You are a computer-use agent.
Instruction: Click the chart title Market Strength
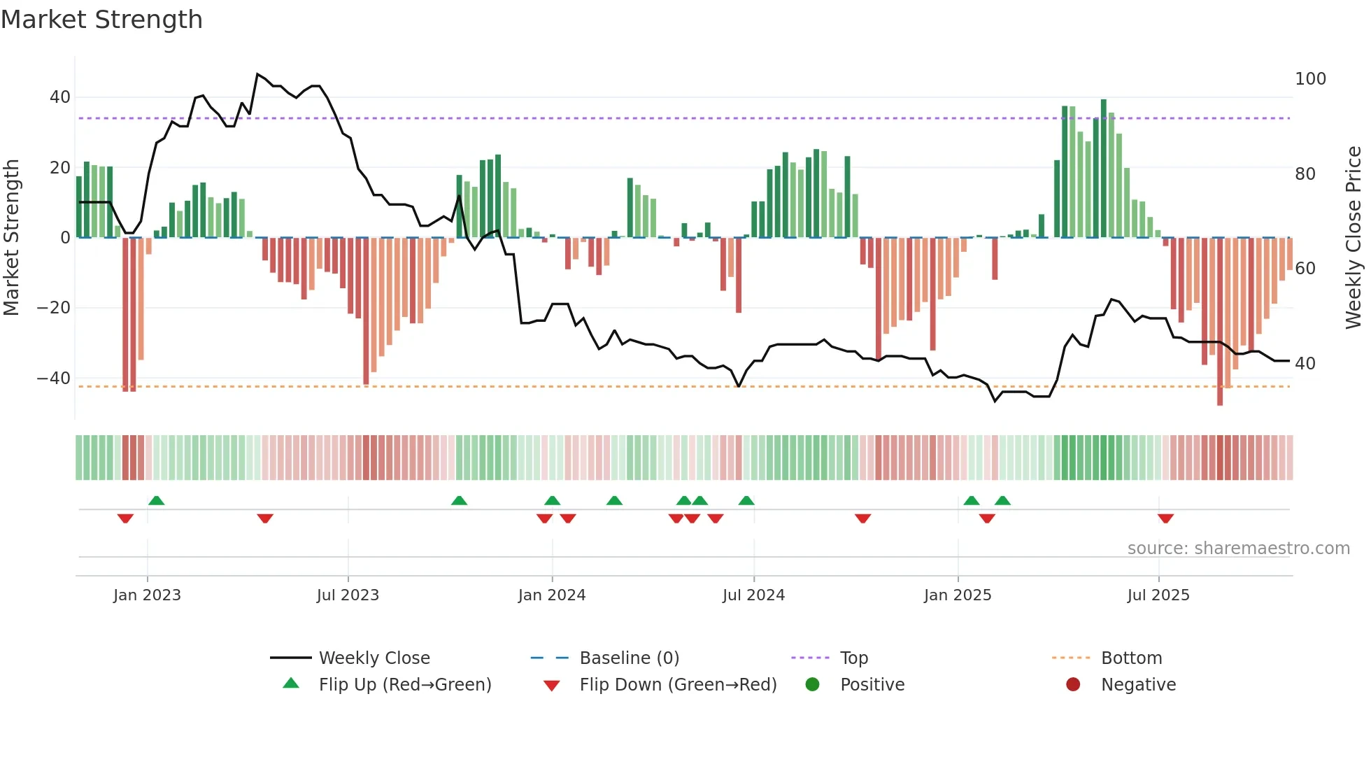click(101, 20)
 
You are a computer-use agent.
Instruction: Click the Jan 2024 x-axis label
click(551, 595)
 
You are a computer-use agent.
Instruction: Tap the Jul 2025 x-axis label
click(1158, 595)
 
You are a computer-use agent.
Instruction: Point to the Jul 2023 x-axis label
click(348, 595)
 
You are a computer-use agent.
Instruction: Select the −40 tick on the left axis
click(54, 379)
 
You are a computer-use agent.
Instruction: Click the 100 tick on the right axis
click(1309, 79)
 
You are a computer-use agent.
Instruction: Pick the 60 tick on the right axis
click(1305, 269)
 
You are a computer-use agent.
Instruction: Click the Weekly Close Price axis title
click(1354, 238)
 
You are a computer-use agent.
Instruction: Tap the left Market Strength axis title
click(12, 238)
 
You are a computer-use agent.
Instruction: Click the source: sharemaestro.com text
click(1238, 549)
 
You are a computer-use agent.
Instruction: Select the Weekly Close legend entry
click(374, 658)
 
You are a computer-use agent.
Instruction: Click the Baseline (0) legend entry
click(629, 658)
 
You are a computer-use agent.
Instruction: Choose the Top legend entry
click(853, 658)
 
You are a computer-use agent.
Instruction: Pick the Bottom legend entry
click(1131, 658)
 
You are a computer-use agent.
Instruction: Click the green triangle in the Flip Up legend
click(291, 684)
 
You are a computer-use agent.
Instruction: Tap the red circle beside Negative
click(1072, 684)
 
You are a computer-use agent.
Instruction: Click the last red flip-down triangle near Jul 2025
click(1165, 518)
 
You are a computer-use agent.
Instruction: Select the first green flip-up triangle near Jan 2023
click(157, 500)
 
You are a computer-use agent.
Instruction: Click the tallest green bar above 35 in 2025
click(1104, 168)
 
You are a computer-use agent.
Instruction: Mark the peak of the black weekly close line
click(257, 74)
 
